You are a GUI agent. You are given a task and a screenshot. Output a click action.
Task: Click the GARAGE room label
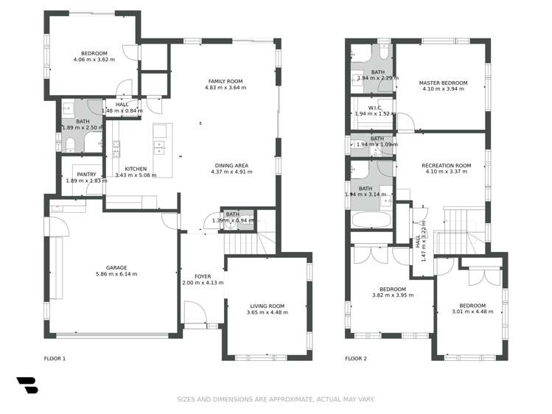pos(116,267)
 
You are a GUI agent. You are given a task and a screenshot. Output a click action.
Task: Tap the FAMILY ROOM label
pos(225,81)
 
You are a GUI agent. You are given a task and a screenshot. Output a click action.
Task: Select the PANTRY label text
pos(81,175)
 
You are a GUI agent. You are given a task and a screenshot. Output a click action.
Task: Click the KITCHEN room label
pos(136,169)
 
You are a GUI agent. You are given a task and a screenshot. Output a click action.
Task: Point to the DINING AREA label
pos(231,165)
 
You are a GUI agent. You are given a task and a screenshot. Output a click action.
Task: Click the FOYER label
pos(203,276)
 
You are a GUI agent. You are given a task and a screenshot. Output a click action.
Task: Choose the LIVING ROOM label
pos(267,306)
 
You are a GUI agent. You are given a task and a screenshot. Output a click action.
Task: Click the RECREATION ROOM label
pos(446,166)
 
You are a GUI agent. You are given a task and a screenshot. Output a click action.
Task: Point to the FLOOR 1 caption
pos(55,359)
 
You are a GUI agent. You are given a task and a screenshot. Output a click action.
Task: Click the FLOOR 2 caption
pos(356,359)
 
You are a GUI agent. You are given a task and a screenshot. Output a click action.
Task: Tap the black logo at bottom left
pos(27,385)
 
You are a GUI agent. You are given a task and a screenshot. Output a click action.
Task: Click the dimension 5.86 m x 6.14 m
pos(116,274)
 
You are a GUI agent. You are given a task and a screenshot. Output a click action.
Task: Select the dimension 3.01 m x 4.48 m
pos(472,312)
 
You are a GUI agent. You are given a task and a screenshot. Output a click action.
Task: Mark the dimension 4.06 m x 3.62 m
pos(94,60)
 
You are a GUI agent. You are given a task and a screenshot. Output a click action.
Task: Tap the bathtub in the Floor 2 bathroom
pos(371,220)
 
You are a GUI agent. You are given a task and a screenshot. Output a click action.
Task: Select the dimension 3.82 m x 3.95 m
pos(392,295)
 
